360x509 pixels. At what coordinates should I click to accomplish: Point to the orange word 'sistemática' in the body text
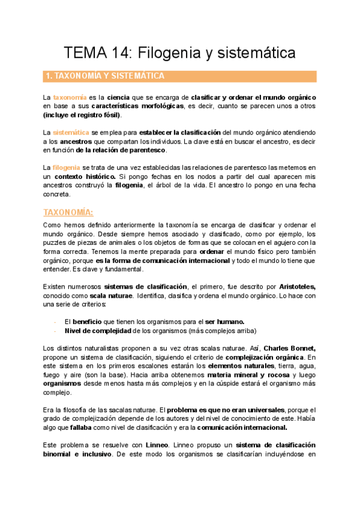tap(72, 132)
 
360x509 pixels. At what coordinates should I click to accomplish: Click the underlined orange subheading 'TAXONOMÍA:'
tap(68, 212)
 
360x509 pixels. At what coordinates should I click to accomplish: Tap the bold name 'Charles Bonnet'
tap(289, 348)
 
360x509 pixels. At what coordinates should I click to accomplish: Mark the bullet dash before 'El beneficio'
tap(55, 321)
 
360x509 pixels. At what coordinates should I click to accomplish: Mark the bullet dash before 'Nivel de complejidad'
tap(55, 330)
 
